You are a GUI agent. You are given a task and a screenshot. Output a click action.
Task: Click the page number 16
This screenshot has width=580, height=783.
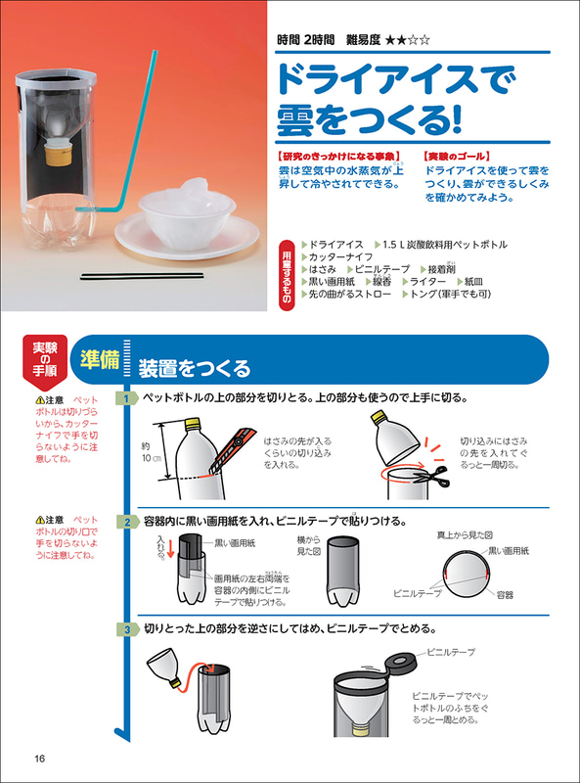pyautogui.click(x=39, y=760)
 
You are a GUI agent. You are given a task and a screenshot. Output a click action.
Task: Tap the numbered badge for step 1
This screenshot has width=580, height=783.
pyautogui.click(x=126, y=398)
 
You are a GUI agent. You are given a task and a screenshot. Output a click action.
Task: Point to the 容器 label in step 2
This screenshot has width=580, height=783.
pyautogui.click(x=505, y=594)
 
